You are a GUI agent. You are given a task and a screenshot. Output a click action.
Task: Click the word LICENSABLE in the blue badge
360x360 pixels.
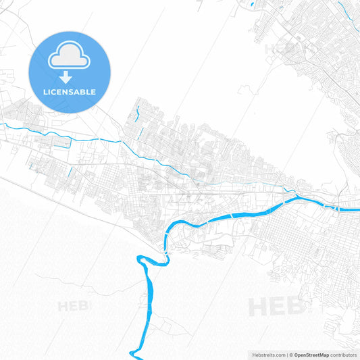pyautogui.click(x=70, y=92)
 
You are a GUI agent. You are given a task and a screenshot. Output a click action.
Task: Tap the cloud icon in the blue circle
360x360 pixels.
pyautogui.click(x=70, y=57)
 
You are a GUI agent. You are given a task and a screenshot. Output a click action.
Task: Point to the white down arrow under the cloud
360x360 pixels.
pyautogui.click(x=66, y=77)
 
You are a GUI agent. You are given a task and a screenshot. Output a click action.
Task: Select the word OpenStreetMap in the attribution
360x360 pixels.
pyautogui.click(x=311, y=355)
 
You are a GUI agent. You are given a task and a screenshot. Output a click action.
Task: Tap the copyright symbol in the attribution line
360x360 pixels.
pyautogui.click(x=291, y=355)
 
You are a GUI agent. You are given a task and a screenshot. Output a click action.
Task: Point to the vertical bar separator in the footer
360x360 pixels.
pyautogui.click(x=287, y=355)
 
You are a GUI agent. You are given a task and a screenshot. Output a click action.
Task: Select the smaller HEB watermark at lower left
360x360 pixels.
pyautogui.click(x=74, y=306)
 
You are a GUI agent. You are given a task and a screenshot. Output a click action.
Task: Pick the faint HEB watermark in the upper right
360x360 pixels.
pyautogui.click(x=284, y=49)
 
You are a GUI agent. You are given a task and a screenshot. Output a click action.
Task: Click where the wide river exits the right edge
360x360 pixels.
pyautogui.click(x=357, y=209)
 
